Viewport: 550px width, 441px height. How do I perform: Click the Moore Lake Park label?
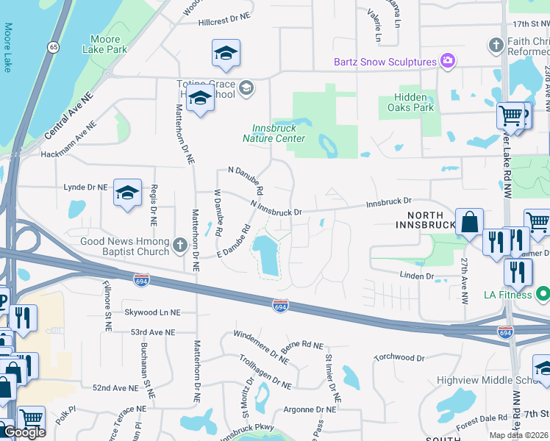[x=108, y=44]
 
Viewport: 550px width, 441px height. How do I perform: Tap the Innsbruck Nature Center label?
[x=274, y=133]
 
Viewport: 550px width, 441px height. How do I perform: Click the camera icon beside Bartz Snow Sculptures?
[x=446, y=60]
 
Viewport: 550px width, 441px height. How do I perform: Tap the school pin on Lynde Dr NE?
[x=128, y=193]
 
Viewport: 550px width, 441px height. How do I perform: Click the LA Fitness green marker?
[x=543, y=295]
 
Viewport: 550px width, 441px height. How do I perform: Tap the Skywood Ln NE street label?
[x=153, y=312]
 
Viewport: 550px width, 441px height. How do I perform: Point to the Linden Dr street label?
[x=416, y=276]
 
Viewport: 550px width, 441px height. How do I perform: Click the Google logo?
[x=25, y=432]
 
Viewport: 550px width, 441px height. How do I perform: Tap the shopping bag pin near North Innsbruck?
[x=469, y=221]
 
